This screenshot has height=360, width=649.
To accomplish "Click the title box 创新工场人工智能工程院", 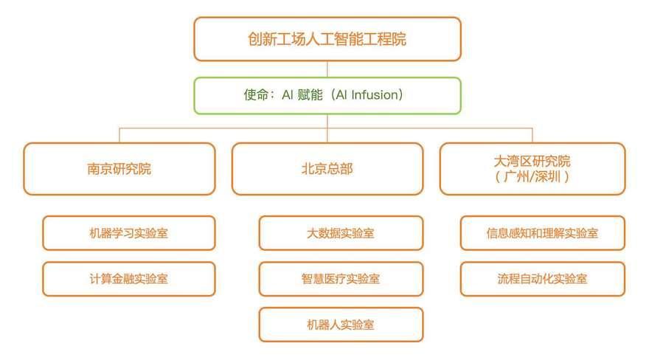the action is (327, 39).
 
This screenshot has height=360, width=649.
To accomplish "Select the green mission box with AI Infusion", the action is (327, 96).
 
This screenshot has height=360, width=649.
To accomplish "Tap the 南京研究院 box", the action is (119, 169).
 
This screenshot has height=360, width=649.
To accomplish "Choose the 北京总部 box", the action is (327, 169).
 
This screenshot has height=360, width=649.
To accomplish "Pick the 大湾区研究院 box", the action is (532, 169).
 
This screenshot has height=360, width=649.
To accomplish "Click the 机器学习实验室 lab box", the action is (129, 233).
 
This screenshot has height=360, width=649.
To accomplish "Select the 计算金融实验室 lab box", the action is (129, 279).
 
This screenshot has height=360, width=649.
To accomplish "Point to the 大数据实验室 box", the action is (341, 233).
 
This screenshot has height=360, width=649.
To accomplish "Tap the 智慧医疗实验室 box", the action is (341, 279).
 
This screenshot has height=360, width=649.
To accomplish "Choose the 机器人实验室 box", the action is (341, 325).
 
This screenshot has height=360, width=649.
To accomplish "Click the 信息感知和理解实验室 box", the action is (543, 233).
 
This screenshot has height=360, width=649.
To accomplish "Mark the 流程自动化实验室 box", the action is (543, 279).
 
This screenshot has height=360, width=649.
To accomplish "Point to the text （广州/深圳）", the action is (532, 177).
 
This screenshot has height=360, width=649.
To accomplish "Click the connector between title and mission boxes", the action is (327, 69).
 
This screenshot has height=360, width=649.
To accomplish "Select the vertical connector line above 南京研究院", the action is (119, 136).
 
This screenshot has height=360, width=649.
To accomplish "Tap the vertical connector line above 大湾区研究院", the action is (532, 136).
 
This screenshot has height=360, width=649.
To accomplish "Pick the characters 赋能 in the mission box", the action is (310, 95).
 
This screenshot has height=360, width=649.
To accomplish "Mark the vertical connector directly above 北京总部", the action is (327, 128).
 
